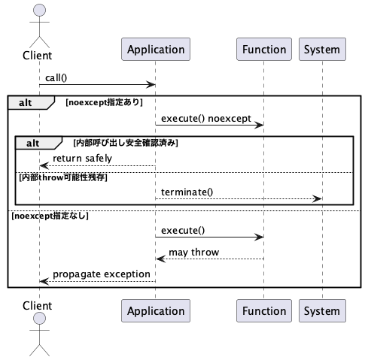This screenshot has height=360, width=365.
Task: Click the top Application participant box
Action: pos(156,50)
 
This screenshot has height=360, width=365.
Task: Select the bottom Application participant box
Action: pos(156,310)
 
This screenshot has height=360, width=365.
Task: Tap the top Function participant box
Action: pos(264,50)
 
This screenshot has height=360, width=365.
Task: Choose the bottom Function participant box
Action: pos(264,310)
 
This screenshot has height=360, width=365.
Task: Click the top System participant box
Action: pos(321,50)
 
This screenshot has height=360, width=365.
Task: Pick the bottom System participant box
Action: pos(321,310)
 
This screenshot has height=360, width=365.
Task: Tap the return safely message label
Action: pos(82,158)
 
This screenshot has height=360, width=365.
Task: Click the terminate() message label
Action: pos(187,192)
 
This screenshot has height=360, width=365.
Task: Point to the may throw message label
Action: pos(193,252)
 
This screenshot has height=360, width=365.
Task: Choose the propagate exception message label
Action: pos(101,274)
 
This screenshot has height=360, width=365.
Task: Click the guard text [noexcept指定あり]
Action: pos(104,101)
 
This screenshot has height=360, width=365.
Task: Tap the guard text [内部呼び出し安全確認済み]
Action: pos(126,142)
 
